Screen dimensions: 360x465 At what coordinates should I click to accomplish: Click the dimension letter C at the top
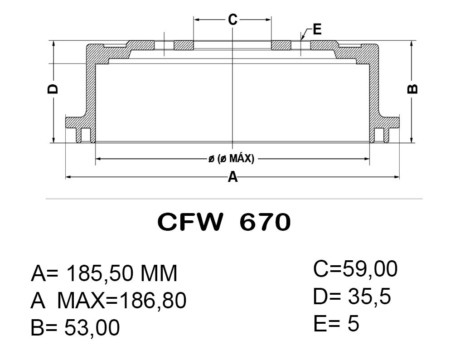coord(232,19)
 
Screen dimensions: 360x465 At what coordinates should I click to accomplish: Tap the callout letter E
coord(317,30)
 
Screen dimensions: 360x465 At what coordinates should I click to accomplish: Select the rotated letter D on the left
coord(53,88)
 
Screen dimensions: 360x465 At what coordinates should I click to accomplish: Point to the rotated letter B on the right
coord(412,89)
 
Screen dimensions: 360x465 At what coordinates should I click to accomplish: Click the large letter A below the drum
coord(232,177)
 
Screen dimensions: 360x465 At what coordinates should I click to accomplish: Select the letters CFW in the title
coord(191,222)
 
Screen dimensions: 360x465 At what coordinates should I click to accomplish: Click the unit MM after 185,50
coord(158,273)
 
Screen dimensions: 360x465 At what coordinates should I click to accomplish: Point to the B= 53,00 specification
coord(75,327)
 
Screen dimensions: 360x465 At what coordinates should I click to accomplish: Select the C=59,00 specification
coord(355,269)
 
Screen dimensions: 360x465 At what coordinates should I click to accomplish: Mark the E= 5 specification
coord(336,324)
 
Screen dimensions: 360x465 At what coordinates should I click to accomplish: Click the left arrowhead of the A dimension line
coord(68,176)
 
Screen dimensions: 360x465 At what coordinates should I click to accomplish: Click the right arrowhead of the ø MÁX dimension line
coord(368,159)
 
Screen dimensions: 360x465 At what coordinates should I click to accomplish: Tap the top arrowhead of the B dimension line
coord(412,44)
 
